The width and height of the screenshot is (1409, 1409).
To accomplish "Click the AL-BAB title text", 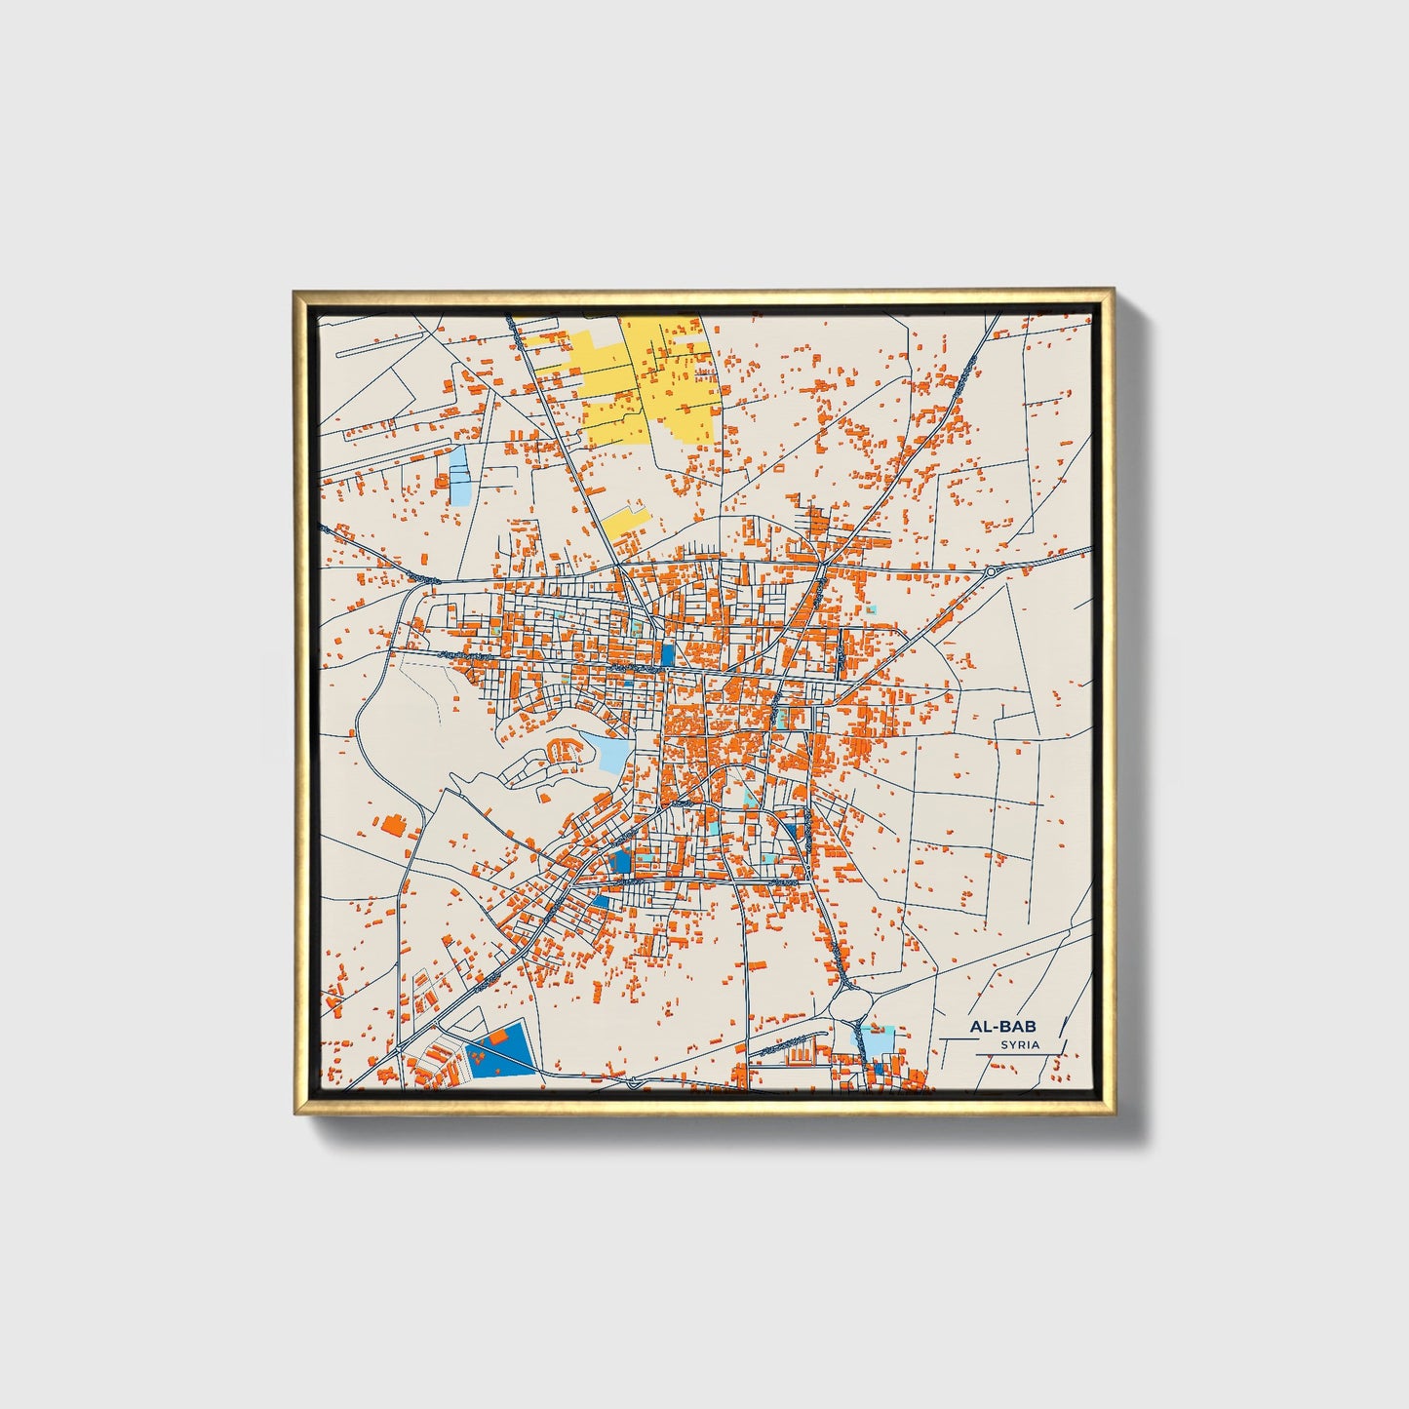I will point(1002,1027).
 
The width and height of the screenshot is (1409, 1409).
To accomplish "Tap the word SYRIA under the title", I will point(1019,1044).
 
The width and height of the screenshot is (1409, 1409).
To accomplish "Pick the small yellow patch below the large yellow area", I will point(622,521).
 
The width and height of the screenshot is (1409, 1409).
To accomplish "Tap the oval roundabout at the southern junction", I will point(850,1001).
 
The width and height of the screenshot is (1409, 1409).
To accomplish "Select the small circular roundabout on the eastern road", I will point(991,571).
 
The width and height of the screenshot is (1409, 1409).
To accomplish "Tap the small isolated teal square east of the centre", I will point(871,609).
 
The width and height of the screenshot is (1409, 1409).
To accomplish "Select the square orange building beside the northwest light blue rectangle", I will point(442,482).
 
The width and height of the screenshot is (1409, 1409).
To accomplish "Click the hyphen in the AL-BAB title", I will point(995,1027).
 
